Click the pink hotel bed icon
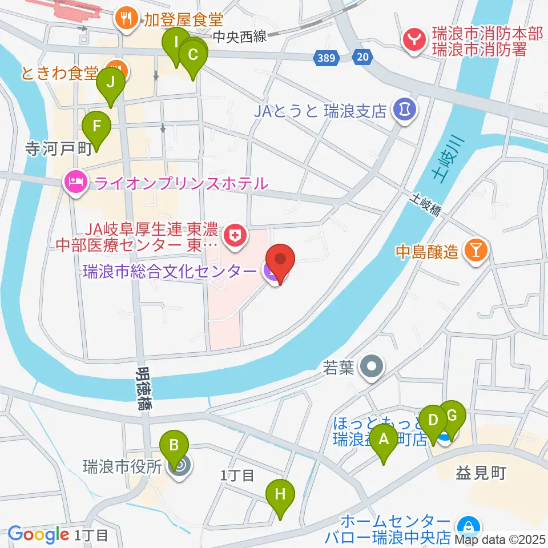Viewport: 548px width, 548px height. click(76, 183)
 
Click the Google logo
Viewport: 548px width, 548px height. click(38, 534)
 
